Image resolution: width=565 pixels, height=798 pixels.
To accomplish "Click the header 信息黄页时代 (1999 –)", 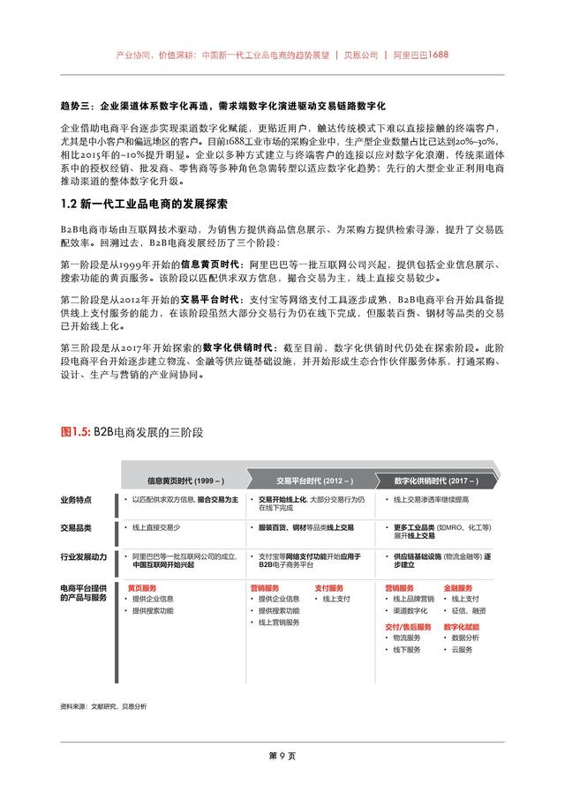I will (x=185, y=481).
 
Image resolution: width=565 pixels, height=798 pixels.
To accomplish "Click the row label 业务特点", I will (x=76, y=500).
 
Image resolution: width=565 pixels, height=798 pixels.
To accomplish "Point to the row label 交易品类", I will (x=76, y=527).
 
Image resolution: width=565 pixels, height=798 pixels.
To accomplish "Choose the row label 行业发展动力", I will (x=84, y=557).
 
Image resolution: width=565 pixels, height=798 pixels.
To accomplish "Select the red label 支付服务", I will (x=329, y=587).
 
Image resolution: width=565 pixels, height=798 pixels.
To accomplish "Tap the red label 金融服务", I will (x=458, y=587).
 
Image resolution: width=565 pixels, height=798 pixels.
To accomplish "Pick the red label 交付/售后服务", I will (x=408, y=626).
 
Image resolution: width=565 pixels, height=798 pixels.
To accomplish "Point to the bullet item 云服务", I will (x=463, y=650).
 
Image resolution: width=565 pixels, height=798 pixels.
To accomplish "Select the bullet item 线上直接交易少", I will (x=156, y=527).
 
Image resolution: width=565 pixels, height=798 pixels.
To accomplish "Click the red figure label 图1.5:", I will (x=76, y=432).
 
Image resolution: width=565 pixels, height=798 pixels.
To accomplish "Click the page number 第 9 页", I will (x=282, y=757).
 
